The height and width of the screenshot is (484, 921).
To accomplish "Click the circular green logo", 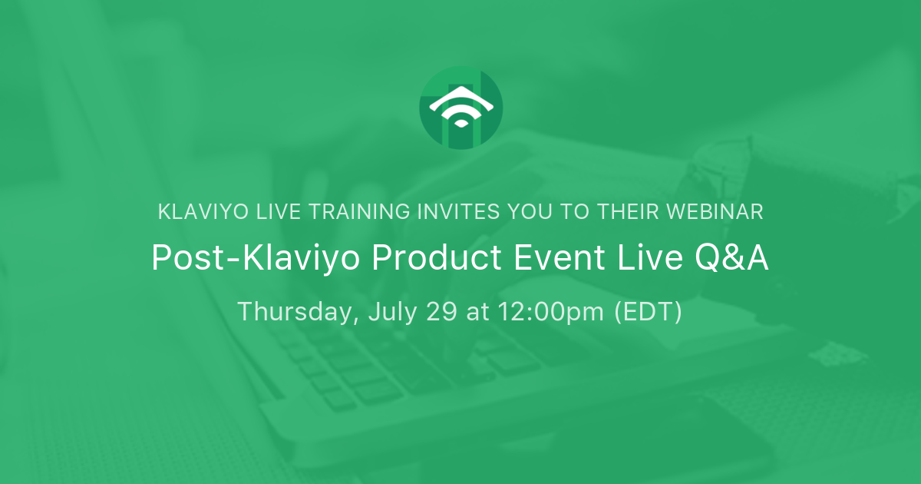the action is (x=461, y=108).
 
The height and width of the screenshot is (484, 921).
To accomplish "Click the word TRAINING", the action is (x=359, y=212).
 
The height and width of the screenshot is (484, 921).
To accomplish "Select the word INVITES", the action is (x=458, y=212).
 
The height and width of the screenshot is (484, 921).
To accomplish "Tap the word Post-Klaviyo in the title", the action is (x=256, y=258).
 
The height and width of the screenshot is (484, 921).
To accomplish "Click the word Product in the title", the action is (x=437, y=257).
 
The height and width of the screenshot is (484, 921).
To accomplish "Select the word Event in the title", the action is (x=560, y=257).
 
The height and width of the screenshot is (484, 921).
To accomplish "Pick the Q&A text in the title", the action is (x=731, y=258).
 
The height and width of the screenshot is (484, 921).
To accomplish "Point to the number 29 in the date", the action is (x=441, y=312).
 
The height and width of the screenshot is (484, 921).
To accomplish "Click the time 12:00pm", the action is (x=551, y=313).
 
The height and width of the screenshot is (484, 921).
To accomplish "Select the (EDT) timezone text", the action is (x=648, y=313).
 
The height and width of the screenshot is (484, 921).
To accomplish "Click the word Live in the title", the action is (x=650, y=257).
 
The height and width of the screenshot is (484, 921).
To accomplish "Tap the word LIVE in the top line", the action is (x=279, y=212).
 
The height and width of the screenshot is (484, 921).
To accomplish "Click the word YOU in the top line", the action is (x=530, y=212).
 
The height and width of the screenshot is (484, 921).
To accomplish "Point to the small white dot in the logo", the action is (x=461, y=123).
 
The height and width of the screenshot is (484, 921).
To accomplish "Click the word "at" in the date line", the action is (x=477, y=313).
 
